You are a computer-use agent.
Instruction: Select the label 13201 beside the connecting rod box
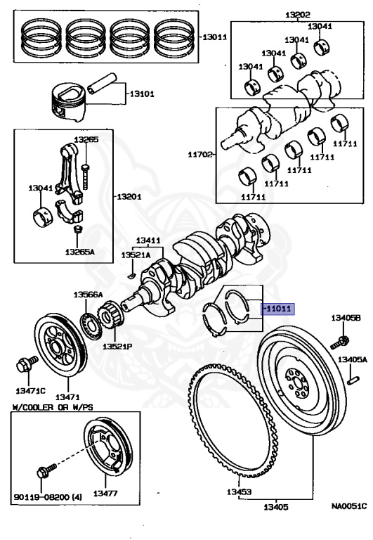pyautogui.click(x=129, y=196)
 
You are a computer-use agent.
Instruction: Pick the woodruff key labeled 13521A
pyautogui.click(x=132, y=274)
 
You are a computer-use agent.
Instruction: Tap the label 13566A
pyautogui.click(x=89, y=294)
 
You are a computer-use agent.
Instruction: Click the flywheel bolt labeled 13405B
pyautogui.click(x=343, y=342)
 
